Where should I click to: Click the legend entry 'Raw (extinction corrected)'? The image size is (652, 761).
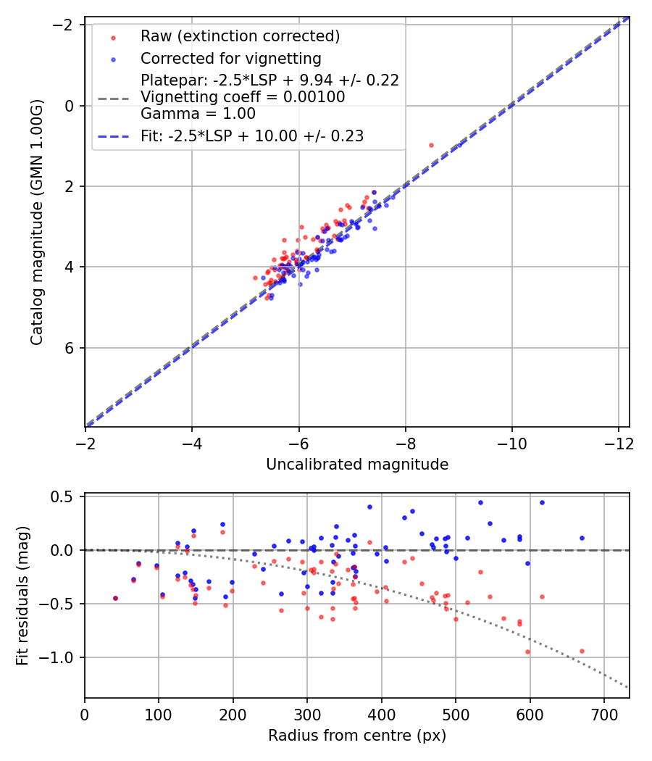click(240, 36)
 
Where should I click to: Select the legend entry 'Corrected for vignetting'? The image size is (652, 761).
click(230, 58)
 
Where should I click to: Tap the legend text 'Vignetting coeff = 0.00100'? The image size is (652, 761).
click(243, 97)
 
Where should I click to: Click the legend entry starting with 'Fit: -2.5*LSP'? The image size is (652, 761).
click(251, 136)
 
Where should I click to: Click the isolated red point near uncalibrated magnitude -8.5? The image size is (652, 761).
click(431, 145)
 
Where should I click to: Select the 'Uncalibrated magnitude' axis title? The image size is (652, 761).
click(357, 465)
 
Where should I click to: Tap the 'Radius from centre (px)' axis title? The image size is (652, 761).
click(357, 736)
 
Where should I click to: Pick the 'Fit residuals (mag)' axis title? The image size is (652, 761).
click(22, 596)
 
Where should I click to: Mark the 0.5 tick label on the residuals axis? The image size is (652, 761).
click(65, 496)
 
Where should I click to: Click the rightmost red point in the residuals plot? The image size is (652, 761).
click(582, 651)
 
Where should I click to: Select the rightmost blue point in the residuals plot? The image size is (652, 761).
click(582, 538)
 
